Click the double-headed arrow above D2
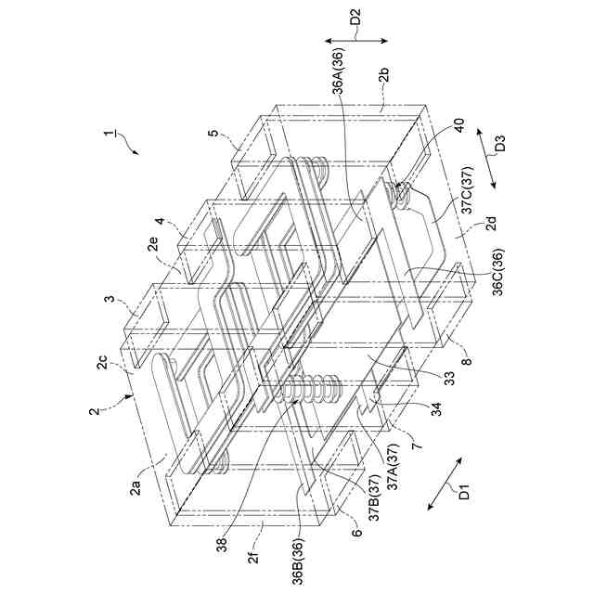[x=356, y=40]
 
